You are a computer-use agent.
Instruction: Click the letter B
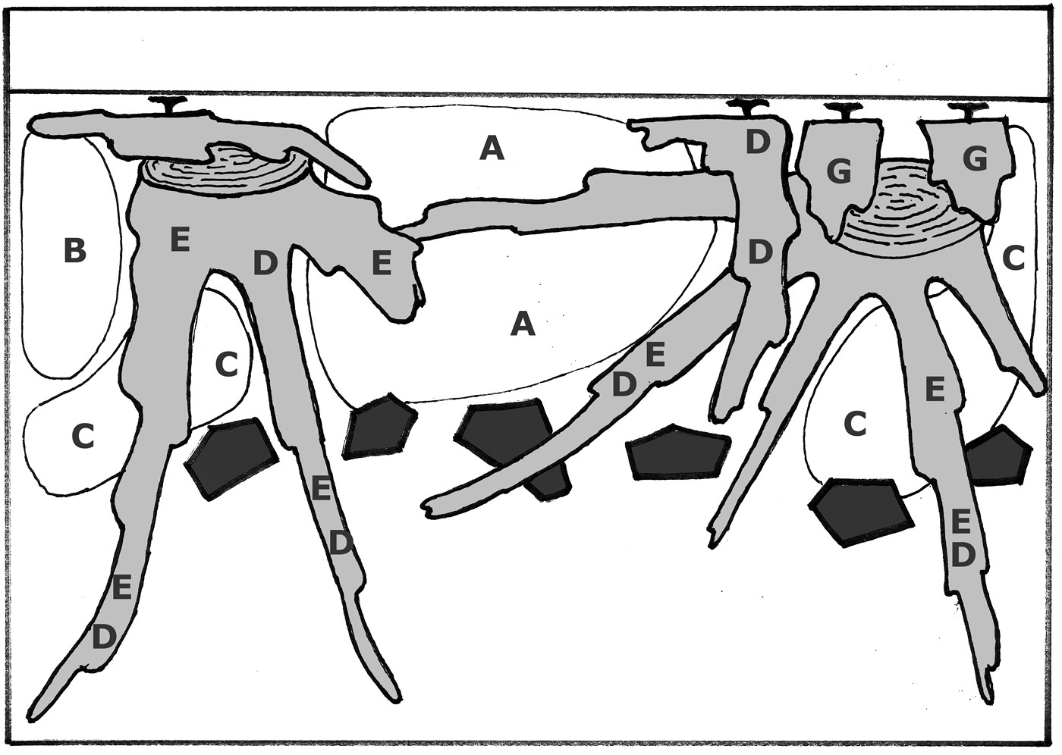pos(75,251)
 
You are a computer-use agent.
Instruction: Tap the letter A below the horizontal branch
pos(523,324)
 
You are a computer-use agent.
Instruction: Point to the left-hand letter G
pos(839,171)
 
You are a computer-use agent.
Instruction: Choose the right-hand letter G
pos(976,158)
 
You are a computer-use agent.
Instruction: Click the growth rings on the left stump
pos(227,172)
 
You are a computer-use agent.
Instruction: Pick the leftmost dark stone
pos(232,458)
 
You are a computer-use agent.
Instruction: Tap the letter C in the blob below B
pos(83,436)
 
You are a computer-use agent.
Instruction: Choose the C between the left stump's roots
pos(226,365)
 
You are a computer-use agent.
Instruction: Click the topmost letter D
pos(757,142)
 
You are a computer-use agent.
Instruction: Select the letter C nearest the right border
pos(1014,259)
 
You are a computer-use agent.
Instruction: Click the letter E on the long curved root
pos(655,355)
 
